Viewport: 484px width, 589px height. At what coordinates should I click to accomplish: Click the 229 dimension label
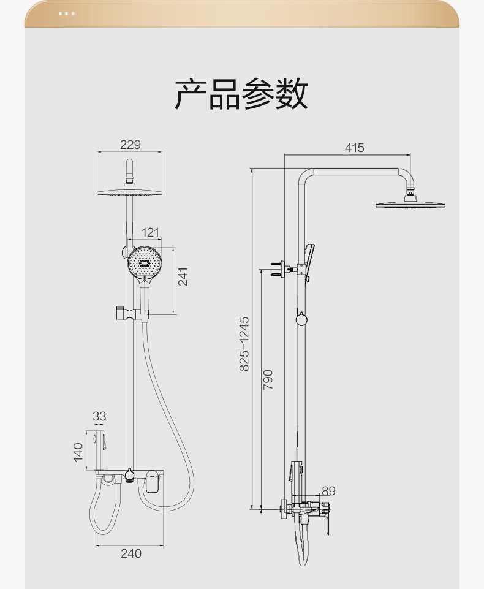[130, 145]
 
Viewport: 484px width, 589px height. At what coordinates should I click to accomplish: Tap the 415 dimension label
[354, 148]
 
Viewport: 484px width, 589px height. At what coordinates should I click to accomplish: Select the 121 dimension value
[150, 232]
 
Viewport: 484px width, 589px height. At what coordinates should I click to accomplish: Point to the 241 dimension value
[183, 276]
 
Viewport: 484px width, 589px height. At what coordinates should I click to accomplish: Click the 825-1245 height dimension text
[244, 343]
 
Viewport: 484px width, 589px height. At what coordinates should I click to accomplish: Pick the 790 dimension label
[268, 379]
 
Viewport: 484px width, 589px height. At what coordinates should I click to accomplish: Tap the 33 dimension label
[99, 416]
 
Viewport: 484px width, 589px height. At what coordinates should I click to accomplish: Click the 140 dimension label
[78, 452]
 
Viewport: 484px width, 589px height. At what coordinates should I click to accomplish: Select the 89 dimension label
[328, 490]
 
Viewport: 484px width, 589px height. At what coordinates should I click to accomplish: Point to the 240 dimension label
[130, 553]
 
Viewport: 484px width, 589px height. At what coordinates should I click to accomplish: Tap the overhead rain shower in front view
[130, 191]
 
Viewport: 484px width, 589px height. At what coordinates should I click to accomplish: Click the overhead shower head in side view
[410, 203]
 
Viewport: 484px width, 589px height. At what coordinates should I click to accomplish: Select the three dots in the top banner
[67, 13]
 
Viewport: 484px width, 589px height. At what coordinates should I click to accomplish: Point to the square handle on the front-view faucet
[152, 484]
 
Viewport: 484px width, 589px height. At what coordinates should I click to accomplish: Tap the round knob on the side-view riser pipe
[301, 319]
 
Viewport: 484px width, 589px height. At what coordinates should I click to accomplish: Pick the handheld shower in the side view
[309, 260]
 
